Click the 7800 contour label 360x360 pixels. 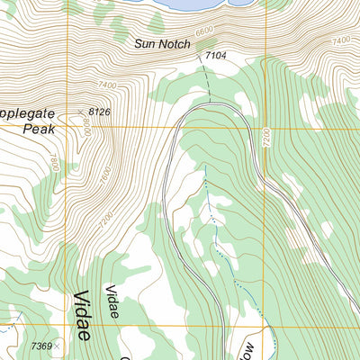(55, 163)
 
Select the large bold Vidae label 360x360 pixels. (82, 315)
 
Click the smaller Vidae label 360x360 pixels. (112, 298)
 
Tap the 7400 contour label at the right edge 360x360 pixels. (340, 41)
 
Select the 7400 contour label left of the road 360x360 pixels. (110, 85)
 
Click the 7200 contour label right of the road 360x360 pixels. (267, 139)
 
